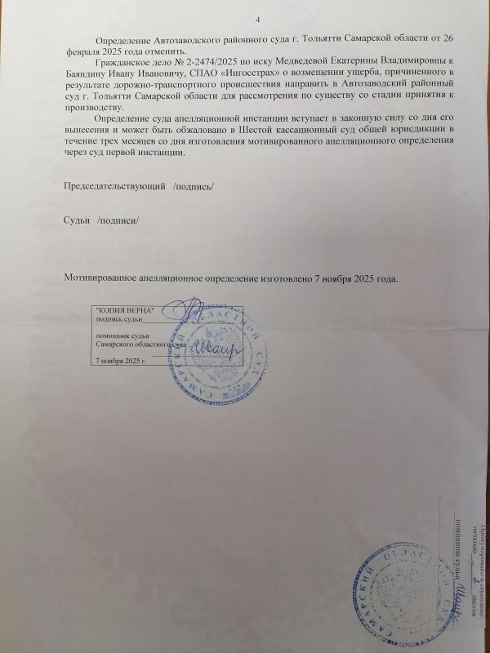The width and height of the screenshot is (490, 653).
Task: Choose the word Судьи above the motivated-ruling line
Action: click(x=78, y=222)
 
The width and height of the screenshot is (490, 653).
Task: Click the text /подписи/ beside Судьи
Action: click(x=119, y=222)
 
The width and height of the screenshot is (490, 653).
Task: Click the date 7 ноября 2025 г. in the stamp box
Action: click(x=120, y=359)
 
